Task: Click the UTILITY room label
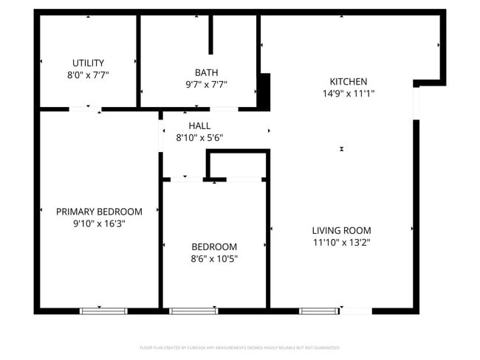tap(88, 63)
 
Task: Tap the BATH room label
tap(206, 72)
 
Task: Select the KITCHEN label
tap(348, 81)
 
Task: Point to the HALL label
tap(199, 125)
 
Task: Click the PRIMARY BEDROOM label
tap(99, 212)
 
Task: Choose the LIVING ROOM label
tap(341, 230)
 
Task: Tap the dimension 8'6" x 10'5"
tap(214, 259)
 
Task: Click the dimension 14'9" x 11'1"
tap(348, 94)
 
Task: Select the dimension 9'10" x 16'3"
tap(99, 224)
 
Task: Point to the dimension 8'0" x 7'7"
tap(88, 75)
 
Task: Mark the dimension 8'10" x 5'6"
tap(199, 137)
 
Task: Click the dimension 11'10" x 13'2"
tap(341, 242)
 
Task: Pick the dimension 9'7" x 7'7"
tap(206, 84)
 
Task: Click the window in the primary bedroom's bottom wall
tap(103, 311)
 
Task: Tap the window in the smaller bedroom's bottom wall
tap(193, 311)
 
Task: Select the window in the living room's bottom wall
tap(319, 311)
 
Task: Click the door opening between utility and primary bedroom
tap(85, 110)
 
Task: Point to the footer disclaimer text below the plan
tap(239, 347)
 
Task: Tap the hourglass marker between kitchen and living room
tap(342, 149)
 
